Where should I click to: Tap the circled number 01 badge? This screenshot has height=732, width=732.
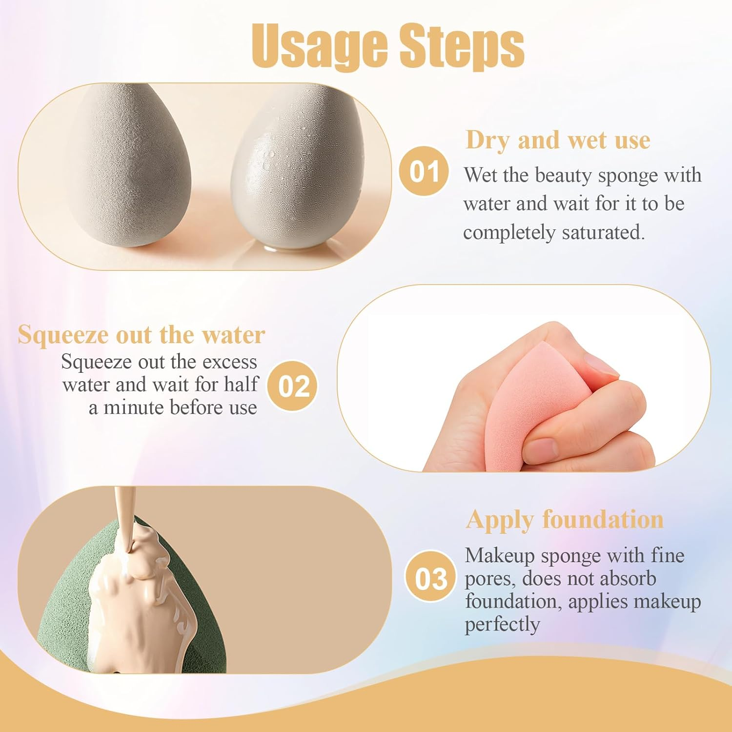424,171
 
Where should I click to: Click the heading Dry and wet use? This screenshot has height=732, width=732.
558,140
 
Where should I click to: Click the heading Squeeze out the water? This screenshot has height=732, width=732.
142,335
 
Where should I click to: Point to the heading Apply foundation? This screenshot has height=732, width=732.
565,519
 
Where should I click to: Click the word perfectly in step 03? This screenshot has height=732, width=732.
502,624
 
